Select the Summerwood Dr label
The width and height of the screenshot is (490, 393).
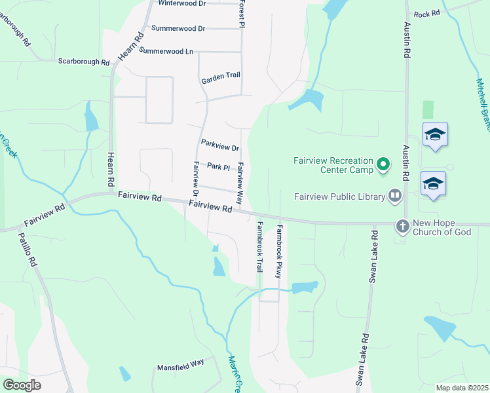tap(178, 29)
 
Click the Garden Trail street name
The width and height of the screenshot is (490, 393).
tap(221, 77)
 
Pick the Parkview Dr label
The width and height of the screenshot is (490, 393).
tap(220, 147)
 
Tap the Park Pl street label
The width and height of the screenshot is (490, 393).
tap(218, 167)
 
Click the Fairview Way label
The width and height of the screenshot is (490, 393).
tap(240, 183)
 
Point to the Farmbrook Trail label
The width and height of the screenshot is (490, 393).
tap(259, 248)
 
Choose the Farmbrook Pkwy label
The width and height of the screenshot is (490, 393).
tap(279, 252)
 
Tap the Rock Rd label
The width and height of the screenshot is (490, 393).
tap(426, 14)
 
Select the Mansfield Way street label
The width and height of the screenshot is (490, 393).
tap(181, 368)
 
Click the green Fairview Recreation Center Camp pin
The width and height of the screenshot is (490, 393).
tap(384, 164)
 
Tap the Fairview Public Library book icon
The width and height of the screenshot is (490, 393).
tap(395, 195)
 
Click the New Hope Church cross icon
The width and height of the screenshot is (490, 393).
tap(403, 226)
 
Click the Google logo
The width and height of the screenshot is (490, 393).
tap(22, 385)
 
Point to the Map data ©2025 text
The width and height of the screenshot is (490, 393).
tap(462, 388)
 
